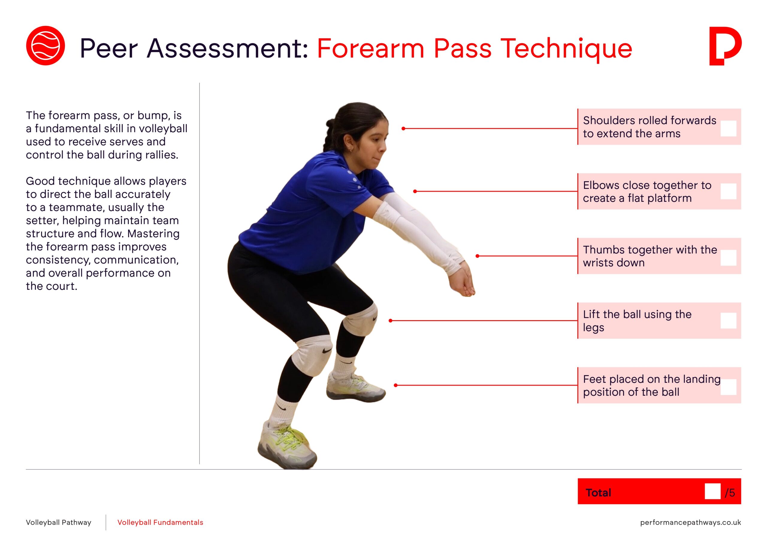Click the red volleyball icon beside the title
(46, 46)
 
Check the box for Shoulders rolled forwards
(729, 128)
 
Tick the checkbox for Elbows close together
(729, 191)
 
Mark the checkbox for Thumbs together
(729, 258)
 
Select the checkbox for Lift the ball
(729, 321)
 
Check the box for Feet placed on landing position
(729, 387)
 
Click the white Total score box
(712, 491)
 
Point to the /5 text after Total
(730, 493)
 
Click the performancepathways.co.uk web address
(691, 523)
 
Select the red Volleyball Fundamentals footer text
(160, 523)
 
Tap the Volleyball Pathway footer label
(58, 523)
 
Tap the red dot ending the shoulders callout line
(404, 128)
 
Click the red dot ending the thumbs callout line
(477, 256)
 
